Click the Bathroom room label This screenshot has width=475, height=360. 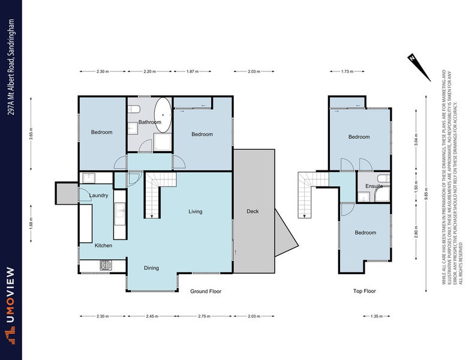(x=150, y=122)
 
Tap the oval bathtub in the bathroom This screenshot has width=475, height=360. (x=163, y=112)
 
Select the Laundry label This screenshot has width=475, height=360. (x=98, y=196)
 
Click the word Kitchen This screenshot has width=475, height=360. (x=103, y=245)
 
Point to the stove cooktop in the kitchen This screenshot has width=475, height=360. (x=106, y=265)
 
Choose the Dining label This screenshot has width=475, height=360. (x=151, y=268)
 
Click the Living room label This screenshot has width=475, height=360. (x=196, y=211)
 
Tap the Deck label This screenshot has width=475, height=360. (x=252, y=211)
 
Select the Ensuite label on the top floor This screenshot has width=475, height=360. (x=374, y=187)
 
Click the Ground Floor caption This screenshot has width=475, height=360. (x=206, y=291)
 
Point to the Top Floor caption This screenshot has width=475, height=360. (x=364, y=291)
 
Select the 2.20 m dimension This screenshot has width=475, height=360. (x=150, y=71)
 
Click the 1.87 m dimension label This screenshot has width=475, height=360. (x=191, y=71)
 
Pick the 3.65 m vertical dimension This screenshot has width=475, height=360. (x=31, y=130)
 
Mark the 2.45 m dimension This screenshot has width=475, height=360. (x=152, y=316)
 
